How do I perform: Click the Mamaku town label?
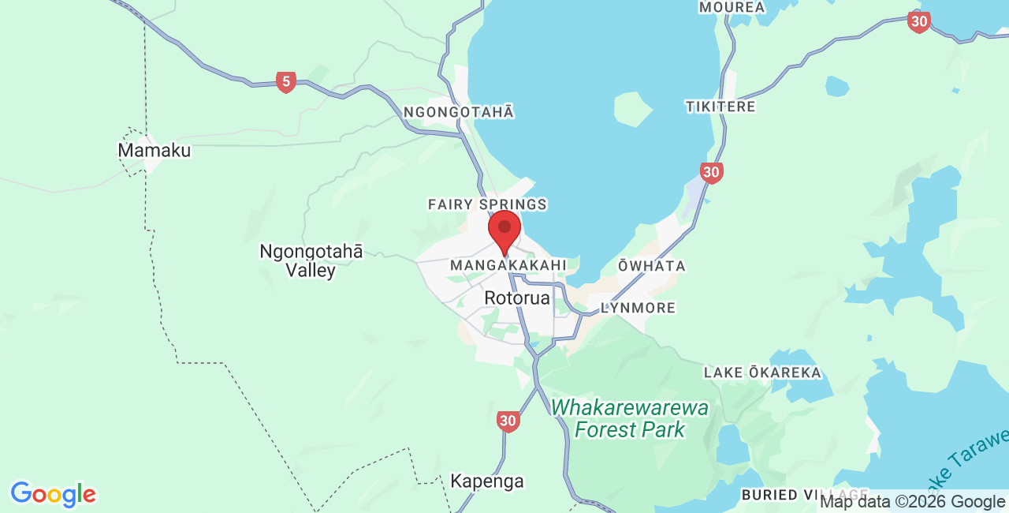point(155,150)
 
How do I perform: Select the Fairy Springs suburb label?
point(487,204)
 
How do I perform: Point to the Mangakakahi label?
point(508,266)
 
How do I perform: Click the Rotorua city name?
point(517,298)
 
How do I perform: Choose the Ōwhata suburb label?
point(651,266)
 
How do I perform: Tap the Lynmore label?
point(638,308)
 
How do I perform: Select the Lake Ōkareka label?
point(762,373)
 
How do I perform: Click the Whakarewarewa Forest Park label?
point(629,419)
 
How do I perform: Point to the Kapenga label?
point(486,481)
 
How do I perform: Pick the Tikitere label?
point(720,107)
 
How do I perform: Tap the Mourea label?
point(732,7)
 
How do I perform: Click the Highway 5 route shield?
point(286,81)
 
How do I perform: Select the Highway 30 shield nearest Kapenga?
point(508,421)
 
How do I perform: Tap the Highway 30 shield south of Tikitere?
point(712,172)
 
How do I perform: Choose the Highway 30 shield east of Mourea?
point(918,21)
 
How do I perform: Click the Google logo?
point(53,495)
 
